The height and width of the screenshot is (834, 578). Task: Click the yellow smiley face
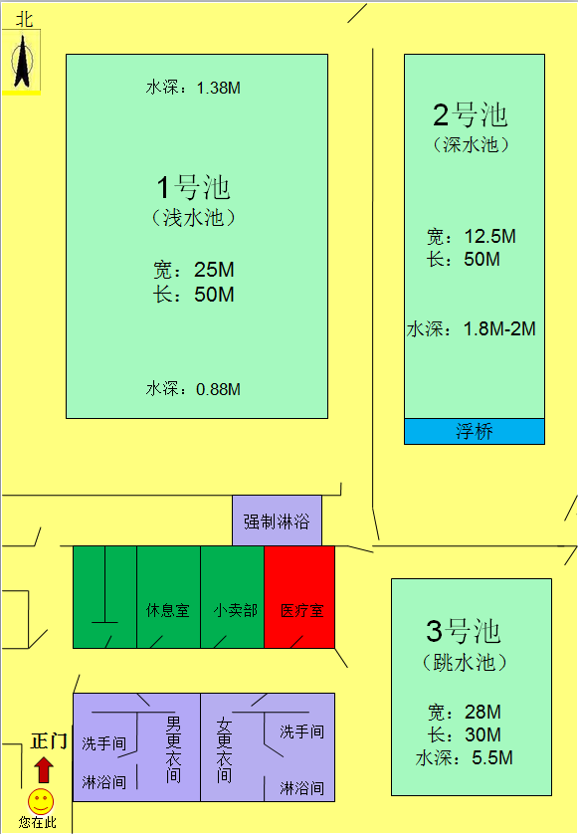pos(41,801)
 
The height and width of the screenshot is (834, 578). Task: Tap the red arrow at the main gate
pos(44,770)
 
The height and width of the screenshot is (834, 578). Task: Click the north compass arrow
pos(22,60)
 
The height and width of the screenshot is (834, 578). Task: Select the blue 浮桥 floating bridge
pos(475,431)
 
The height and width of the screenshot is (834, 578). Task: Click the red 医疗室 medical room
pos(299,597)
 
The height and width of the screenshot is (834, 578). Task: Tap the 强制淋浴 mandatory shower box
pos(277,521)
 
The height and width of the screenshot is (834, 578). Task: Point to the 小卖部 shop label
pos(236,610)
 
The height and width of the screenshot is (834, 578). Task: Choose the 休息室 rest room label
pos(168,610)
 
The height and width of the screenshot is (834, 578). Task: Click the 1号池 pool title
pos(194,187)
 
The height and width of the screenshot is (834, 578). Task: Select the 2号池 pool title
pos(471,114)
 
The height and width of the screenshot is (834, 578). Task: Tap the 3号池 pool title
pos(464,631)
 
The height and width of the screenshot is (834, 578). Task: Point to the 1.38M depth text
pos(219,88)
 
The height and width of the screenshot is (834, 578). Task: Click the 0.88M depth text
pos(218,389)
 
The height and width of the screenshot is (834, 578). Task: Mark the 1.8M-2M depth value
pos(499,328)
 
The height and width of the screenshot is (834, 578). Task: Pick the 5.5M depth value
pos(492,757)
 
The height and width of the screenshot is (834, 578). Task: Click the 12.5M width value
pos(489,236)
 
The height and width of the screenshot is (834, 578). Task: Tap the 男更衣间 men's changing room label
pos(173,748)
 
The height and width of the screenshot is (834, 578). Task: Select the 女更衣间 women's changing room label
pos(225,750)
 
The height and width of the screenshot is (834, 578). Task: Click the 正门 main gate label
pos(49,740)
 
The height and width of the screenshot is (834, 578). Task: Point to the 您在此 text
pos(37,822)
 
